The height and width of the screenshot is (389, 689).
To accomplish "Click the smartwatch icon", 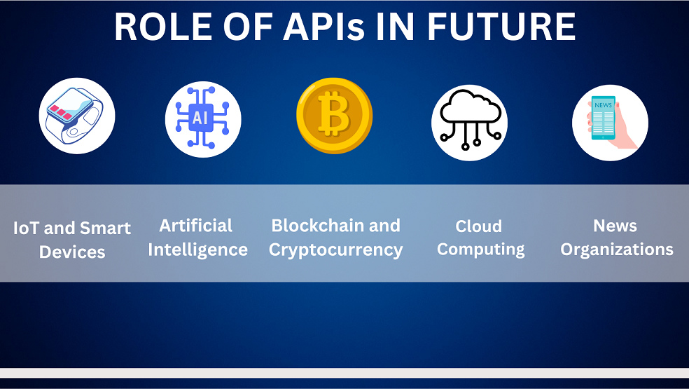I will [x=77, y=116].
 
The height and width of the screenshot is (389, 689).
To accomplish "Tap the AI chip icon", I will [x=203, y=118].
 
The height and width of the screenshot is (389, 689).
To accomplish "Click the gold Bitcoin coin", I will [x=334, y=116].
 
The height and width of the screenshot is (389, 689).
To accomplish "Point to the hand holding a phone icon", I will [x=610, y=123].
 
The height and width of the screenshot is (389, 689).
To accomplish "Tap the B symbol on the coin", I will [x=334, y=116].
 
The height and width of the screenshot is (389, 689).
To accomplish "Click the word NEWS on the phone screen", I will [x=603, y=105].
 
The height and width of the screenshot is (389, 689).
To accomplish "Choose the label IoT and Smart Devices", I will [x=72, y=240].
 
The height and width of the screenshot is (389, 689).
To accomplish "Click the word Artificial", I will [x=196, y=226].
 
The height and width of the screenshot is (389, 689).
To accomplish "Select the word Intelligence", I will [x=198, y=250].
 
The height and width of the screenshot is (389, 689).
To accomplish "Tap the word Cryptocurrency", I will [x=336, y=250].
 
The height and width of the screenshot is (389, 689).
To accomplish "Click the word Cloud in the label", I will [x=479, y=226].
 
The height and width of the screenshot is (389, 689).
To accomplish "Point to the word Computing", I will [x=481, y=250].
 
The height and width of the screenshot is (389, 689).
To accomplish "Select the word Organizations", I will [x=617, y=250].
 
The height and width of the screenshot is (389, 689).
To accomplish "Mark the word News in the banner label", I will [x=615, y=226].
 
